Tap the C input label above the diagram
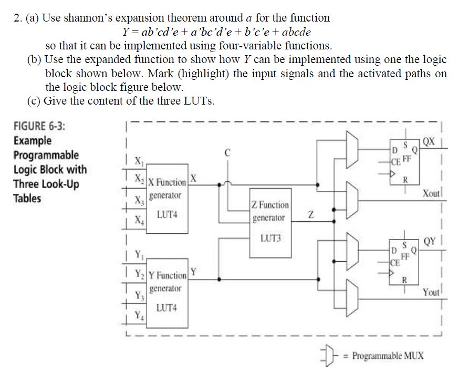(x=227, y=154)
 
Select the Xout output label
(x=432, y=194)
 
